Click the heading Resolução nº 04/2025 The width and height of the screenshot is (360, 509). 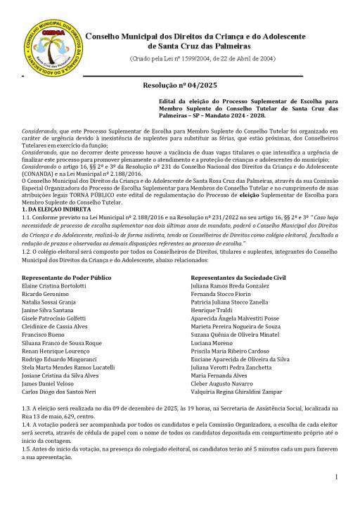[x=179, y=85]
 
